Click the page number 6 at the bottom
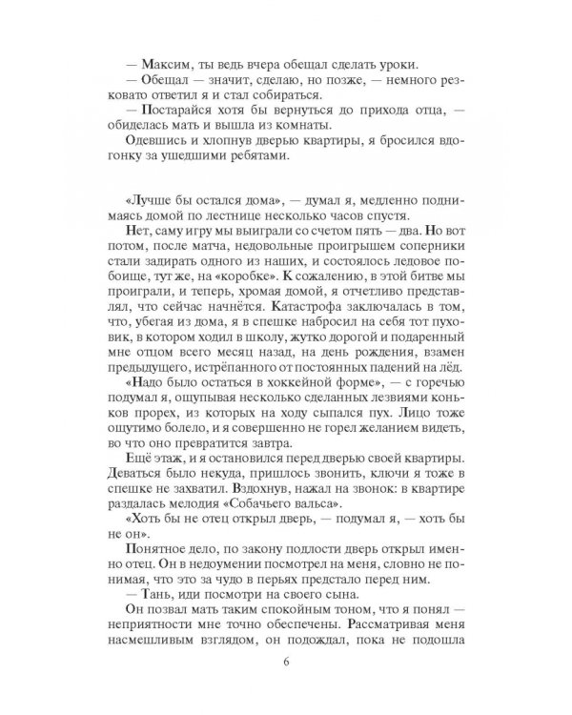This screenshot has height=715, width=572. [x=286, y=664]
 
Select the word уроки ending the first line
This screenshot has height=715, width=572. [x=424, y=64]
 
